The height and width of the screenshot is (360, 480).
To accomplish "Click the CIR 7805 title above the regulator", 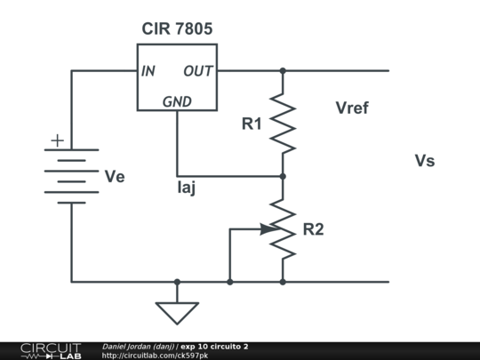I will pos(177,29).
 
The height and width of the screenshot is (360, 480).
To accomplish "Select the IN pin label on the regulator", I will pos(148,71).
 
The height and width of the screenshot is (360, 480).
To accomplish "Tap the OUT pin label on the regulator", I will pos(197,71).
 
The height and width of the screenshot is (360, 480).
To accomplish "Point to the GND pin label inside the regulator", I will pos(177,102).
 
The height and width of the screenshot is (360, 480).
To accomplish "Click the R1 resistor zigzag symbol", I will pos(283,123).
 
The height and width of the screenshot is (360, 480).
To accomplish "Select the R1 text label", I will pos(252,124).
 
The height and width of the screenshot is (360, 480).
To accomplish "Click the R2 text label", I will pos(313,229).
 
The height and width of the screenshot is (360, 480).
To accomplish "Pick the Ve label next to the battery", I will pos(115,177).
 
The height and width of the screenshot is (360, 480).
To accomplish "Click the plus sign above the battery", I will pos(58,140).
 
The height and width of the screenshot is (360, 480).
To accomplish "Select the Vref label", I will pos(352,108).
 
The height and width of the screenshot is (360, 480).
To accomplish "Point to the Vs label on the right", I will pos(425,161).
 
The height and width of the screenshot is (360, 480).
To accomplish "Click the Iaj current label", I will pos(187,188).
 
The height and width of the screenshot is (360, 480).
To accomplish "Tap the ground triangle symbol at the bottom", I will pos(177,312).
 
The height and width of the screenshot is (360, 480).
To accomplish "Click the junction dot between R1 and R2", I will pos(283,176).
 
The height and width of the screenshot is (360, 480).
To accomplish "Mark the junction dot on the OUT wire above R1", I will pos(283,70).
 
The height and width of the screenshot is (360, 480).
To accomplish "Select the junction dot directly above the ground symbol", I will pos(177,282).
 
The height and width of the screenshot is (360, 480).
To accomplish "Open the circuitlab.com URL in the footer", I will pos(155,356).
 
